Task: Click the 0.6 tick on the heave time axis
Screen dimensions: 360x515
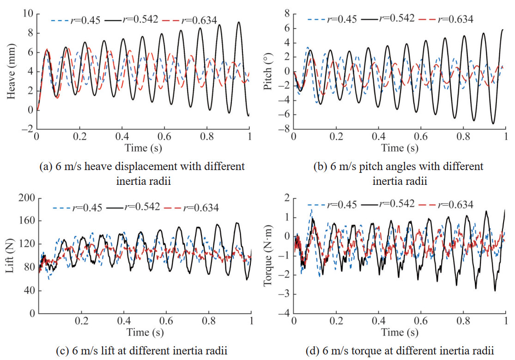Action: coord(164,137)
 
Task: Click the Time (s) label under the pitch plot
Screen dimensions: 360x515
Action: coord(400,148)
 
